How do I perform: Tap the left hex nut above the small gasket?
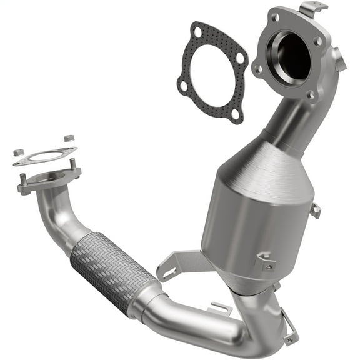point(18,152)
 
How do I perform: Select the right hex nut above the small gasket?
point(69,137)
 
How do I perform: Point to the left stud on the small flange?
point(23,182)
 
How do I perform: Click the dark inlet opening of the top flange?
point(291,56)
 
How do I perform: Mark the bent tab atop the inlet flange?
point(312,9)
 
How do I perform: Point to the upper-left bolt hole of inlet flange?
point(273,18)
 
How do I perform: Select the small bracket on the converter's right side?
point(316,211)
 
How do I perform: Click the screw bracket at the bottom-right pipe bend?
point(289,334)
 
